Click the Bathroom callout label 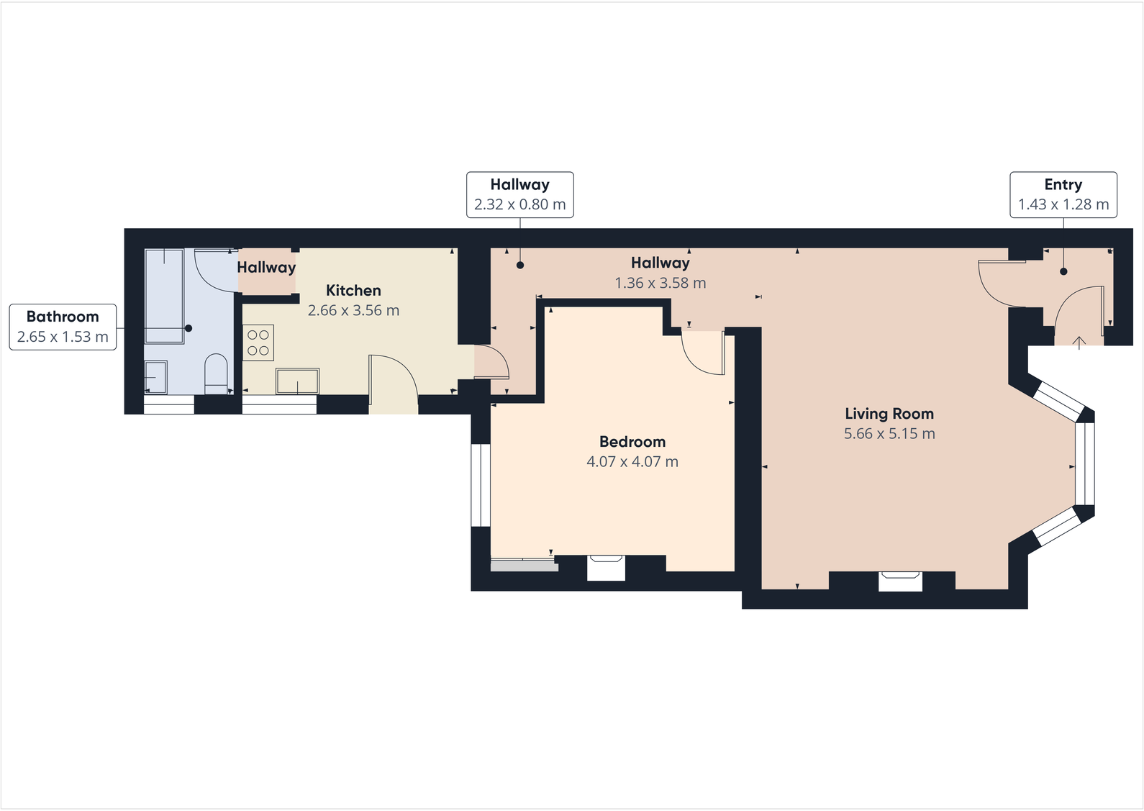[x=63, y=317]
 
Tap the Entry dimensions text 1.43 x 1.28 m [x=1063, y=204]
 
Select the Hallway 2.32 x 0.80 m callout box [x=519, y=194]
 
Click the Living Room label [x=889, y=414]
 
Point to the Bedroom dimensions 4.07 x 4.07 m [x=632, y=462]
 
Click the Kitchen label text [x=353, y=291]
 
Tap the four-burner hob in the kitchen [x=258, y=343]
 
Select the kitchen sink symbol [x=297, y=381]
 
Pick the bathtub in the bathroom [x=164, y=295]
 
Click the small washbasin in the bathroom [x=155, y=376]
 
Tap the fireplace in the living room [x=900, y=580]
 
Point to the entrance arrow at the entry [x=1079, y=342]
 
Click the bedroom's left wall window [x=480, y=485]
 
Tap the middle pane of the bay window [x=1084, y=462]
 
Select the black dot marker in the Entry [x=1063, y=271]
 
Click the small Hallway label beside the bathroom [x=266, y=268]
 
